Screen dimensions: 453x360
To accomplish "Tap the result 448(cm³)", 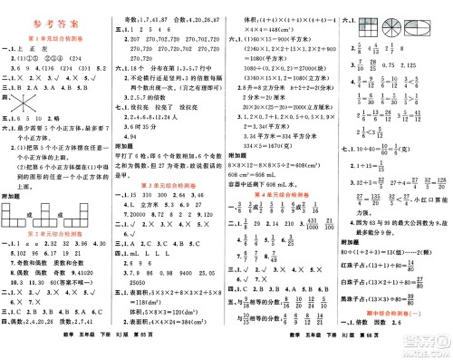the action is tap(274, 30).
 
